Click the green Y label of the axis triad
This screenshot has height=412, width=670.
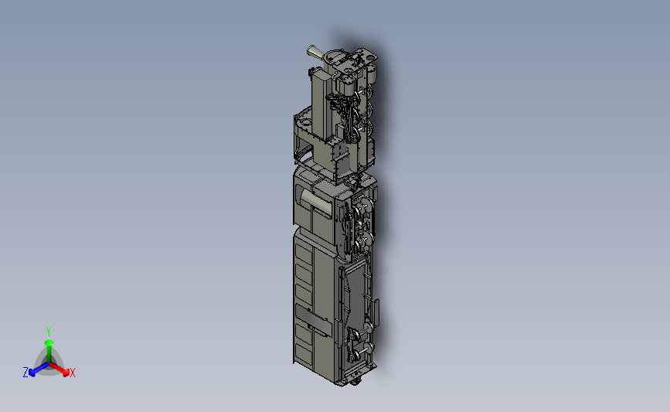[49, 332]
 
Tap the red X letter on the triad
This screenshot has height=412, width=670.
[72, 373]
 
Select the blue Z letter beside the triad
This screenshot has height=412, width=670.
[26, 373]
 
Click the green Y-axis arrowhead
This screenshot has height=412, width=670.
[49, 343]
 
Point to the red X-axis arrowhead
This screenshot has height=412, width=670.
[66, 373]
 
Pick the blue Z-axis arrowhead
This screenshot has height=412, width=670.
[32, 373]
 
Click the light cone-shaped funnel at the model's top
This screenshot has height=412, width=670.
[315, 52]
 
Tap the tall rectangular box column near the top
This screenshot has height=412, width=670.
[320, 104]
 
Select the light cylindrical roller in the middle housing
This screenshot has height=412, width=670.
[315, 201]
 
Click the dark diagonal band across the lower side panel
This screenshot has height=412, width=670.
[314, 320]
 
